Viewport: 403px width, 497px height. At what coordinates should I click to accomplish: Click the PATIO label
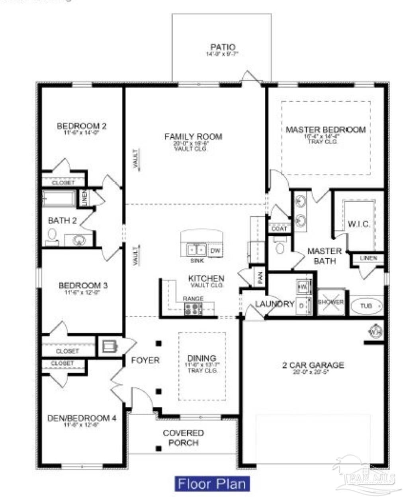(223, 47)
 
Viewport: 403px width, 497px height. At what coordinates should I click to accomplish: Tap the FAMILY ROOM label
(193, 137)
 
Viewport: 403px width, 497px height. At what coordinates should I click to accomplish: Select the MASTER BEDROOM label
(325, 130)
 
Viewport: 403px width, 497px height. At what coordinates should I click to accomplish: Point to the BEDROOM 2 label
(82, 126)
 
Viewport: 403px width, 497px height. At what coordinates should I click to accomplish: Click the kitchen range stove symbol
(193, 309)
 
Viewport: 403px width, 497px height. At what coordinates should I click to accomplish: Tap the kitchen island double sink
(196, 250)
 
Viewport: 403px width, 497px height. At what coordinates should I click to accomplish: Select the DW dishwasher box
(215, 250)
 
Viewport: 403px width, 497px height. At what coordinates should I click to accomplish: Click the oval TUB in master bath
(366, 306)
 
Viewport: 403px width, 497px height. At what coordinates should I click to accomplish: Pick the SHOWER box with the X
(331, 302)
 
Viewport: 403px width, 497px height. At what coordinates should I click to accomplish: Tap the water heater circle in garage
(375, 330)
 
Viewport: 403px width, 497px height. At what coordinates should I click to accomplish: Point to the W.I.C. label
(359, 224)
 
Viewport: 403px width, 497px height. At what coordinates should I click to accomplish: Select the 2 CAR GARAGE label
(313, 365)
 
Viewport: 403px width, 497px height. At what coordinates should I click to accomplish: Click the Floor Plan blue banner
(212, 484)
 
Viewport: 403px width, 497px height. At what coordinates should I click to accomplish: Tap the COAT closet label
(279, 229)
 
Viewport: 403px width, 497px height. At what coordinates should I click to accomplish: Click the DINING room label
(202, 358)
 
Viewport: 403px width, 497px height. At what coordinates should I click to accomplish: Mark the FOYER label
(145, 360)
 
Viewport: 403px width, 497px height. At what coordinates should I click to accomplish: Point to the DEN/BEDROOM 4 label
(82, 418)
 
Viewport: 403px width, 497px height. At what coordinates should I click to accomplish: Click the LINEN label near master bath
(368, 258)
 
